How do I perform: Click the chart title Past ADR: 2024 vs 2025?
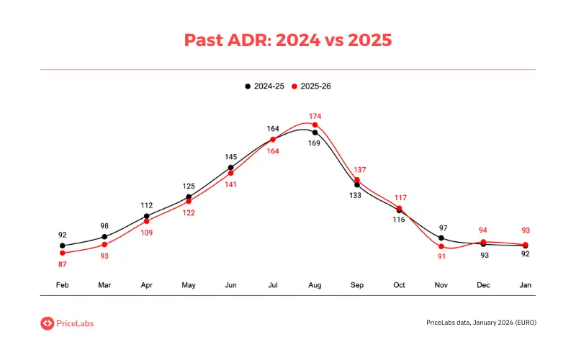[x=288, y=40]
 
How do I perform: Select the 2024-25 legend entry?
[x=264, y=86]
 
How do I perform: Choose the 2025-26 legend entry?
[x=311, y=86]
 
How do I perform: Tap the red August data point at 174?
[x=315, y=125]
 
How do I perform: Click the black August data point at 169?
[x=315, y=132]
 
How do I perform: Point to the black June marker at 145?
[x=231, y=167]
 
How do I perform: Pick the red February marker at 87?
[x=63, y=253]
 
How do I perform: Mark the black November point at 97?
[x=441, y=238]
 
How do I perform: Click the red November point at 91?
[x=441, y=246]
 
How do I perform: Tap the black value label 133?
[x=355, y=195]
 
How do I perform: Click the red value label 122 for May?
[x=189, y=212]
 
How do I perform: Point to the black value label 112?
[x=147, y=204]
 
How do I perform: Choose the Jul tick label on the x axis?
[x=273, y=285]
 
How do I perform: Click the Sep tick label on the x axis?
[x=357, y=285]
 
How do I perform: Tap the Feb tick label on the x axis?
[x=63, y=285]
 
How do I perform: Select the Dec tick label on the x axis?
[x=484, y=285]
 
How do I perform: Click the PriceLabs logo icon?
[x=47, y=323]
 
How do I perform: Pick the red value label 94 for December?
[x=484, y=230]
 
